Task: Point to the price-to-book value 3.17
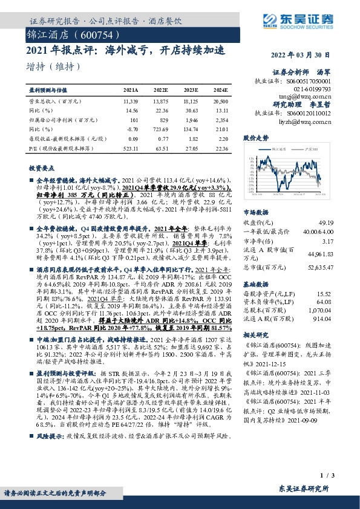[327, 241]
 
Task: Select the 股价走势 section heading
[255, 138]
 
